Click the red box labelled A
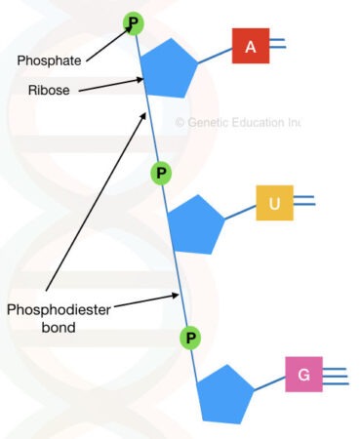pyautogui.click(x=251, y=46)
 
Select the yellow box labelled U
pyautogui.click(x=274, y=203)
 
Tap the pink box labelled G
pyautogui.click(x=303, y=375)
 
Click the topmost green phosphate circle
pyautogui.click(x=133, y=21)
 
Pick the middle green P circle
pyautogui.click(x=162, y=173)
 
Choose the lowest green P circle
pyautogui.click(x=191, y=338)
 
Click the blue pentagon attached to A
pyautogui.click(x=170, y=69)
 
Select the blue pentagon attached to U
pyautogui.click(x=196, y=224)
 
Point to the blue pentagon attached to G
pyautogui.click(x=225, y=392)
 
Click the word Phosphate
pyautogui.click(x=48, y=60)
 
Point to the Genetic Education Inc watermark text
pyautogui.click(x=238, y=122)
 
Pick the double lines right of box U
pyautogui.click(x=303, y=202)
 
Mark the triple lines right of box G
pyautogui.click(x=334, y=375)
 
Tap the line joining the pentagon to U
pyautogui.click(x=239, y=212)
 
